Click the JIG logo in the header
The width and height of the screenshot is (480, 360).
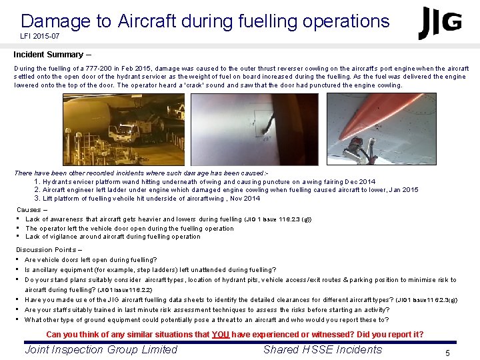439,23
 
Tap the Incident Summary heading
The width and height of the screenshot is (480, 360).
47,55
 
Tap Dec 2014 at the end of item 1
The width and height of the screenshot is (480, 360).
360,181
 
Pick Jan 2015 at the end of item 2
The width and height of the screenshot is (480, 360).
403,190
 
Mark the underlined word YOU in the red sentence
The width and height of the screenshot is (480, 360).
221,335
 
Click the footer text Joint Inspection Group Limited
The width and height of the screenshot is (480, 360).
101,349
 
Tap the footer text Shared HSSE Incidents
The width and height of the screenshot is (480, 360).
323,349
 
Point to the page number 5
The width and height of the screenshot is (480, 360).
448,353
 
